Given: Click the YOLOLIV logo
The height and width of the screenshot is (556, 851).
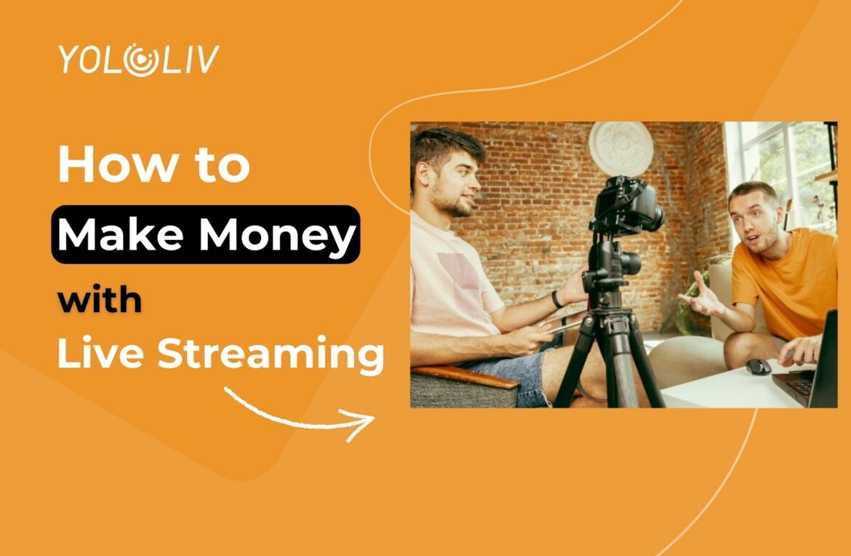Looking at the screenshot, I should tap(137, 60).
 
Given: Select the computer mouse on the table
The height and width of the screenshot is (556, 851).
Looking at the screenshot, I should tap(758, 366).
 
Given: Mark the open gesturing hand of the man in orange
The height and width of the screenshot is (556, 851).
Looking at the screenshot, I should tap(701, 295).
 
